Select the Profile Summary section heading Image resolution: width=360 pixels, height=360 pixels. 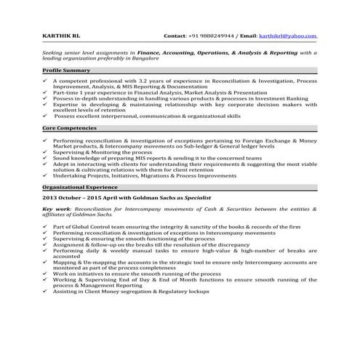[66, 70]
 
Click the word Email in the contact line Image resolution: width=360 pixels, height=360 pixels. [237, 36]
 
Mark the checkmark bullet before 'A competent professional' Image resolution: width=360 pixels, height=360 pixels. [45, 81]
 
